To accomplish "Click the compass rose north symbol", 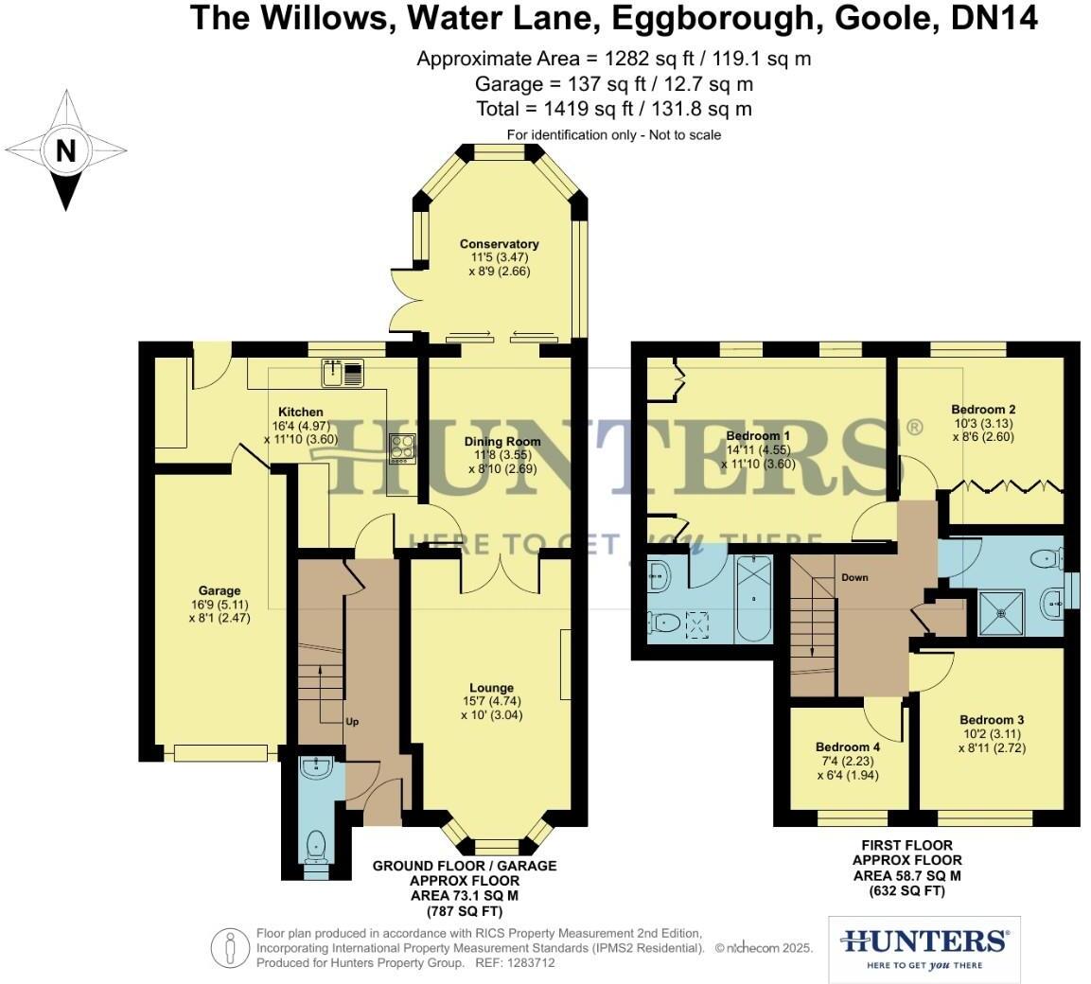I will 65,150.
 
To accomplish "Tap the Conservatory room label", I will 499,244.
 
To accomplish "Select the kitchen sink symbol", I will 342,373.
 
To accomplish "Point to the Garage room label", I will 220,591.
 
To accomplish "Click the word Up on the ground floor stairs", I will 351,722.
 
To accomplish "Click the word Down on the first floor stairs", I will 853,577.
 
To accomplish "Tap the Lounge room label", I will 491,688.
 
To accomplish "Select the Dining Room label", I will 502,441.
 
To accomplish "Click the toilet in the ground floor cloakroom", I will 314,841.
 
